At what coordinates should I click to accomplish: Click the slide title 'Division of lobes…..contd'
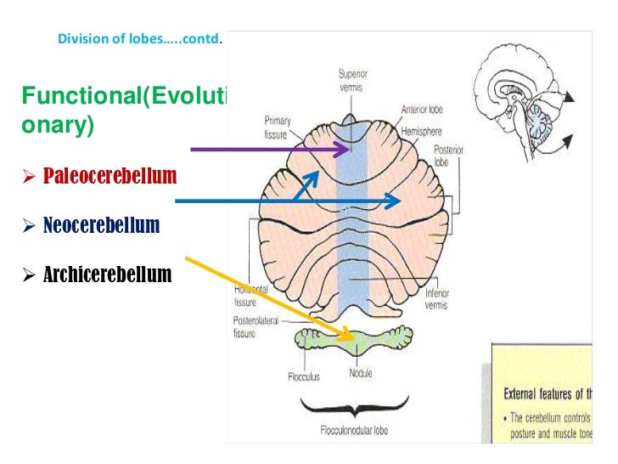pyautogui.click(x=138, y=39)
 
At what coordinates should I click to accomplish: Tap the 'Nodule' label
pyautogui.click(x=359, y=372)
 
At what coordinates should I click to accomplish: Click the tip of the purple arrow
pyautogui.click(x=346, y=150)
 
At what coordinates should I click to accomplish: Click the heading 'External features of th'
pyautogui.click(x=557, y=394)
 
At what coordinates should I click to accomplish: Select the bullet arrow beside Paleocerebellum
pyautogui.click(x=28, y=178)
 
